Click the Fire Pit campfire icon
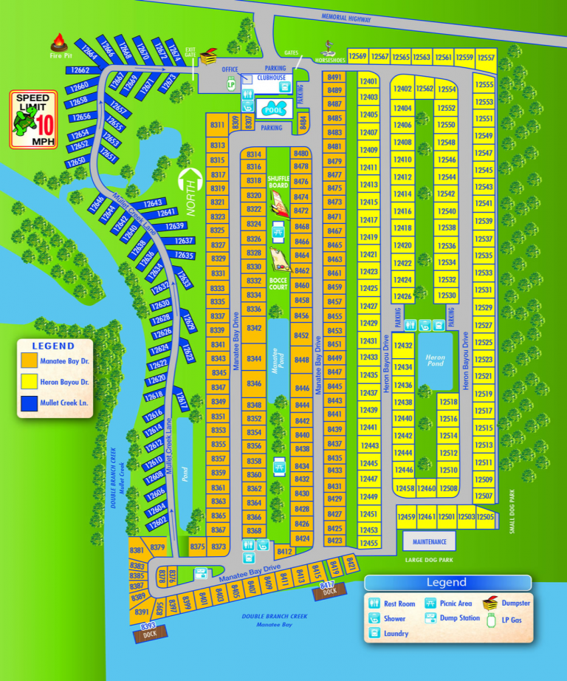pos(58,43)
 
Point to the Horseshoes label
pos(330,60)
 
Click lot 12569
pos(358,57)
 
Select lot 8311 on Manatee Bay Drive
pos(217,126)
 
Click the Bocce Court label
pos(278,284)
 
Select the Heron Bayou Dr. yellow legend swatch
pos(30,382)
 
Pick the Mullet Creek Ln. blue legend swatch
pos(30,403)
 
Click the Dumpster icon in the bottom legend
pos(491,603)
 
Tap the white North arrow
pos(191,189)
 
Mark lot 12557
pos(485,57)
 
